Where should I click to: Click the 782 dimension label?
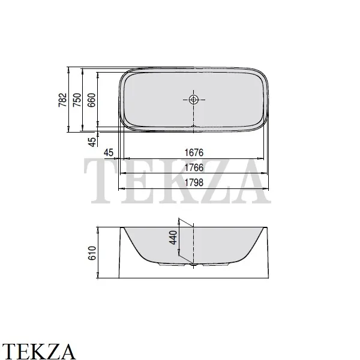point(62,100)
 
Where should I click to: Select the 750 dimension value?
point(77,100)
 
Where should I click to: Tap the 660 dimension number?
point(92,100)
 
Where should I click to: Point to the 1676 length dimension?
point(194,152)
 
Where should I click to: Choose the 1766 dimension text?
point(194,167)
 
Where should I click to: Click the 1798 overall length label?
point(194,182)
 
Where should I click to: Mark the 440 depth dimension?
point(173,238)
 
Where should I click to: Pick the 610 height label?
point(92,253)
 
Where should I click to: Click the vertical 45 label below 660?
point(92,142)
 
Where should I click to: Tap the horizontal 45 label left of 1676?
point(109,152)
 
